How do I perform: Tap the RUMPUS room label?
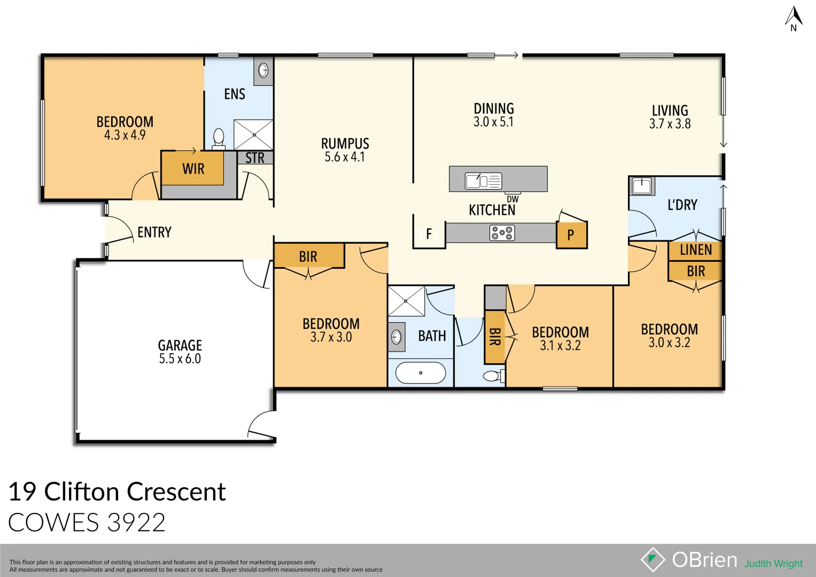click(345, 144)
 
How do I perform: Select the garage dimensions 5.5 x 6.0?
click(180, 359)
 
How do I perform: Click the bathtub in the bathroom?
click(421, 373)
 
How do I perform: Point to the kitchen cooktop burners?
click(502, 233)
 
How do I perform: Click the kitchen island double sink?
click(483, 181)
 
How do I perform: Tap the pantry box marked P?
click(571, 235)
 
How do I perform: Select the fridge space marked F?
click(429, 234)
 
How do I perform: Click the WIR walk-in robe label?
click(193, 169)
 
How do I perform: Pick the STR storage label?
click(255, 158)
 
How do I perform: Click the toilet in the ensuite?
click(219, 138)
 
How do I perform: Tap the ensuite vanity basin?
click(263, 70)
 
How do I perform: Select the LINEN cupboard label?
click(696, 250)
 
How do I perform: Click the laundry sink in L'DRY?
click(641, 186)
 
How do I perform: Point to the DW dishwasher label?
click(512, 199)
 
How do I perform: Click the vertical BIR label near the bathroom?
click(495, 337)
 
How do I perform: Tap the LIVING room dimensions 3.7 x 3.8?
click(670, 124)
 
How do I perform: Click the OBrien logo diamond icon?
click(652, 559)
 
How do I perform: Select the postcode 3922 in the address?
click(136, 523)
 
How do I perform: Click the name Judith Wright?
click(773, 564)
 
